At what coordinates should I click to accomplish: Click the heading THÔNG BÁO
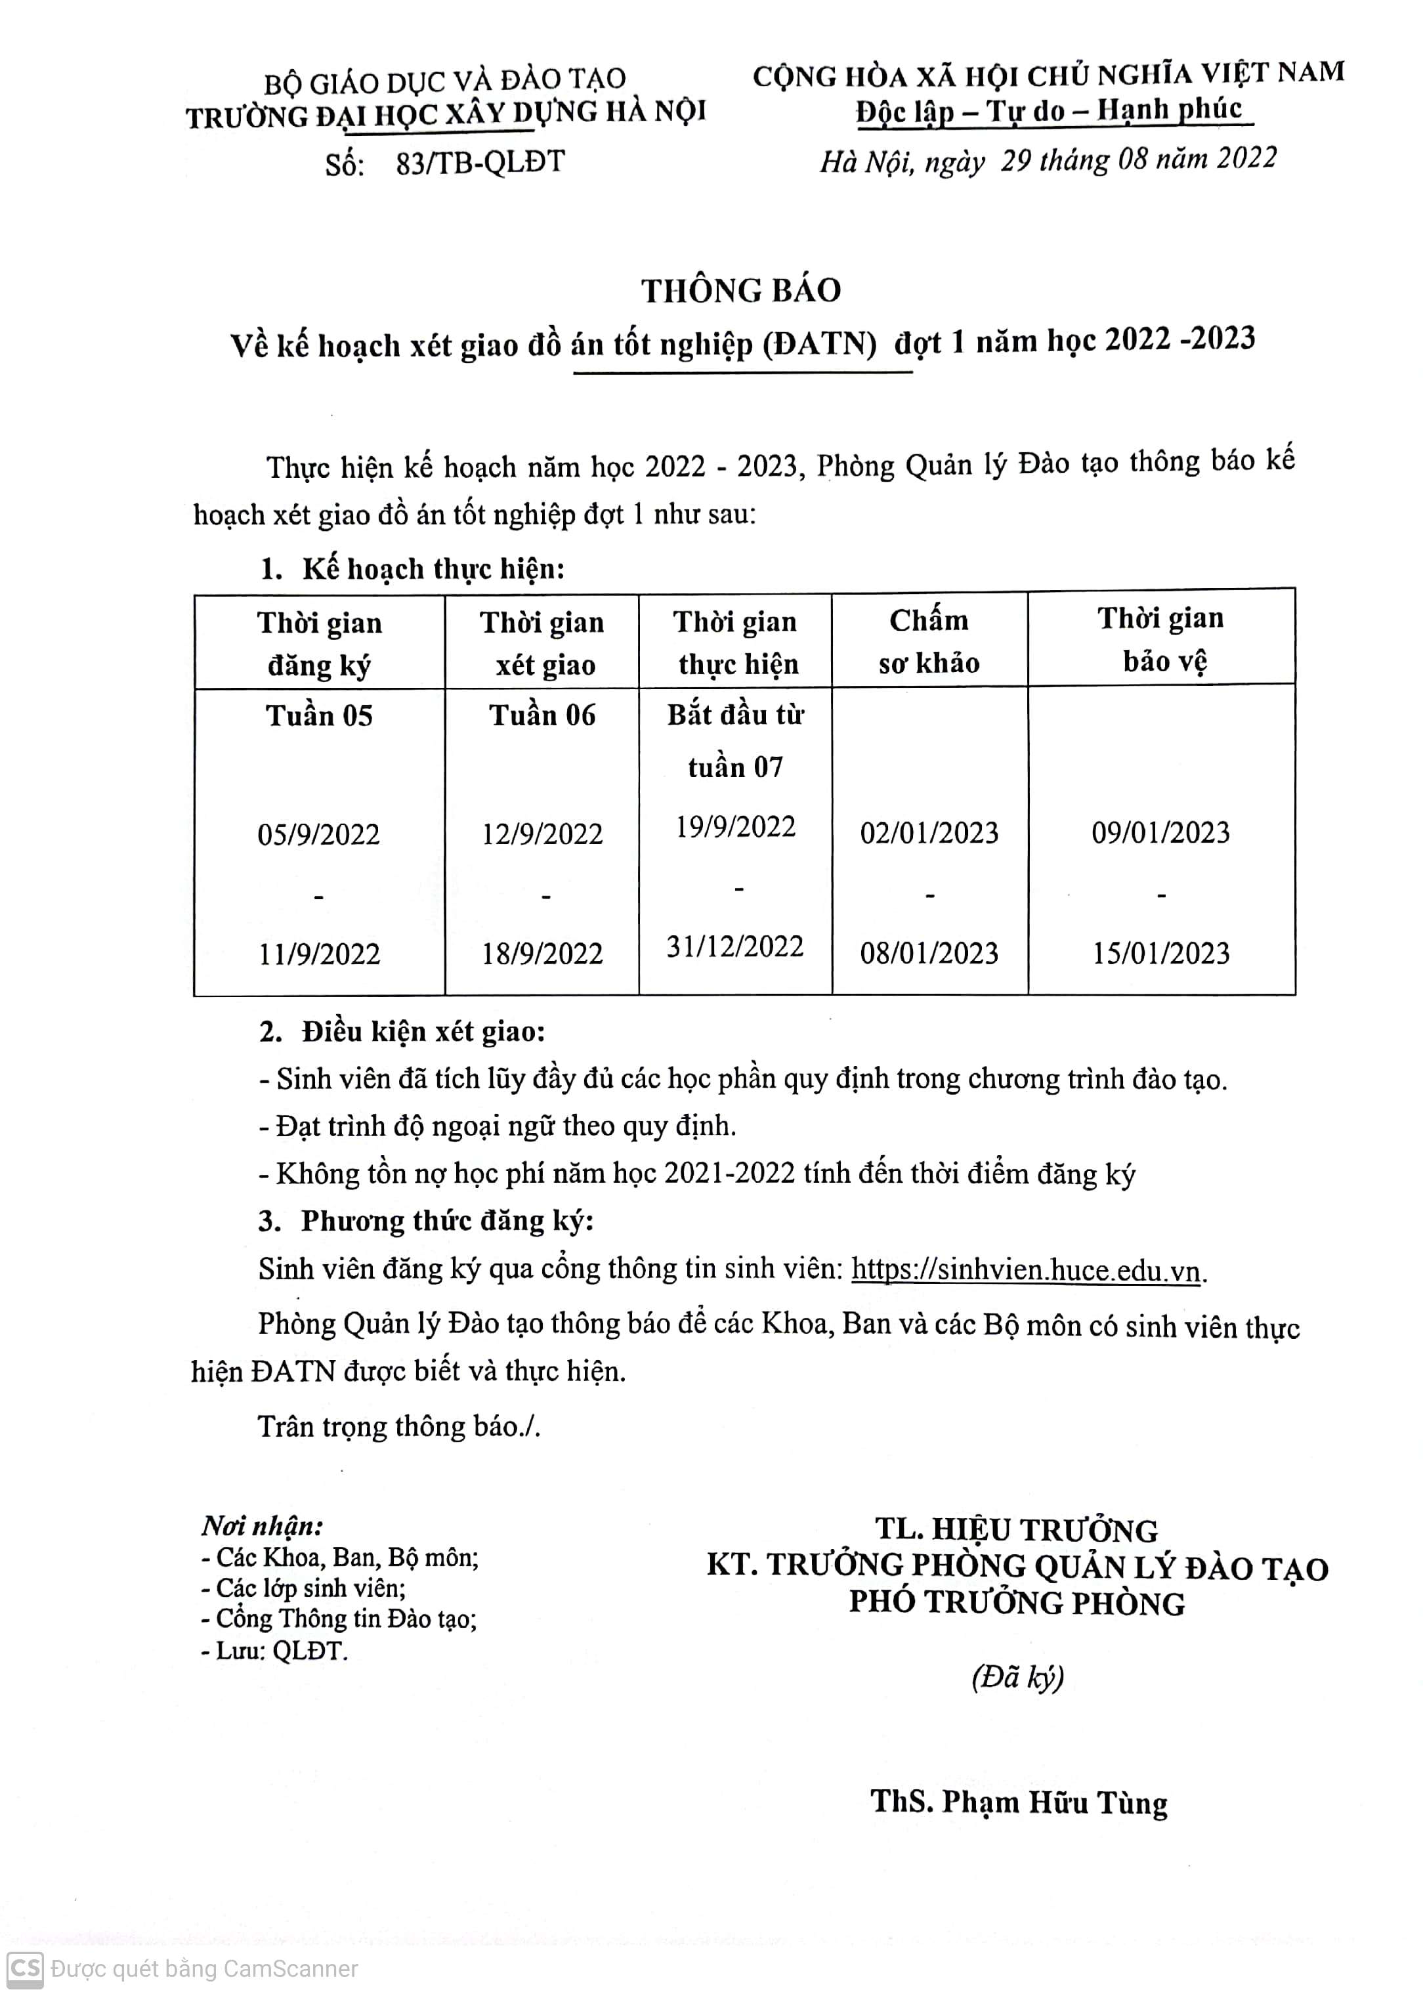click(x=741, y=291)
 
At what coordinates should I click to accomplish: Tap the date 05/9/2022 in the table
click(x=319, y=834)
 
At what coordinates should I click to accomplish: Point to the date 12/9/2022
click(x=542, y=834)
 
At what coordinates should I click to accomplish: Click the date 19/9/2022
click(x=735, y=827)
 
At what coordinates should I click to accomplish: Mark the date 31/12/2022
click(x=735, y=947)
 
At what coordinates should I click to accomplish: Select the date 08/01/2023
click(x=929, y=953)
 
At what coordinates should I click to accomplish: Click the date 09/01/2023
click(x=1160, y=832)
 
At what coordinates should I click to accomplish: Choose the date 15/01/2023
click(x=1160, y=953)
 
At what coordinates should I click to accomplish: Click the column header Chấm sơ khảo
click(x=929, y=641)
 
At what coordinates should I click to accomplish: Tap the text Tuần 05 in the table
click(x=319, y=716)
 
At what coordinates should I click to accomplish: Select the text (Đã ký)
click(x=1017, y=1678)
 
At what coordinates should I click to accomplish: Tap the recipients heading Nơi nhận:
click(x=262, y=1526)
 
